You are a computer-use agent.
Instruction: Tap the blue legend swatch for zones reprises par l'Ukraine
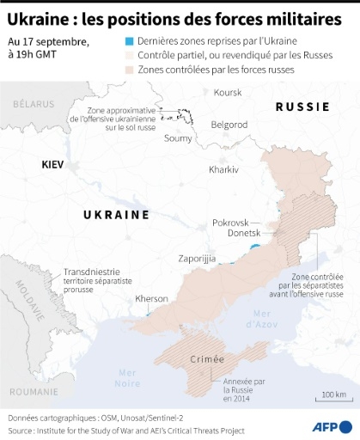click(129, 41)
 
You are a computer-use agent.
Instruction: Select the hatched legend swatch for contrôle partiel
click(129, 55)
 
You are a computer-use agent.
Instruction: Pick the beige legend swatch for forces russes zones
click(129, 69)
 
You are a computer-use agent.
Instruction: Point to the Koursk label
click(228, 92)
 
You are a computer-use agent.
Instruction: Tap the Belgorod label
click(229, 124)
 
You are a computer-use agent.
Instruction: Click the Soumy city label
click(178, 137)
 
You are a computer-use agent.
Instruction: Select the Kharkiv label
click(223, 170)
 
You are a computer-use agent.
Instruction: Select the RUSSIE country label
click(302, 107)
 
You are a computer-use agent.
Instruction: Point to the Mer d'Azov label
click(260, 319)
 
